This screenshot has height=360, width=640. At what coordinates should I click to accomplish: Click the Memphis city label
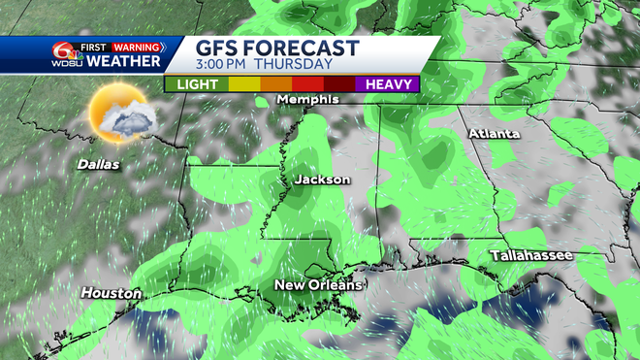(x=307, y=99)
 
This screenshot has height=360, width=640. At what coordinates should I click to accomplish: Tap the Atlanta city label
(x=494, y=133)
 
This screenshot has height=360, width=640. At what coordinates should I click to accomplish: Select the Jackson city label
(x=323, y=180)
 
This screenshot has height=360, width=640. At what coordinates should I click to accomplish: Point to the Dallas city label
(x=99, y=164)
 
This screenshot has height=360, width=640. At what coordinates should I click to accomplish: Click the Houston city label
(x=111, y=292)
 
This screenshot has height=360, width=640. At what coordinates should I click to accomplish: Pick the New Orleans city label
(x=317, y=284)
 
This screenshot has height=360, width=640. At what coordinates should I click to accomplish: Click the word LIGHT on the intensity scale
(x=196, y=84)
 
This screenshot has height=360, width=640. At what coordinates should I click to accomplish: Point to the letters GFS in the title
(x=216, y=49)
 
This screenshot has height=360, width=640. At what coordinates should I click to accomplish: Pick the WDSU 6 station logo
(x=65, y=53)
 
